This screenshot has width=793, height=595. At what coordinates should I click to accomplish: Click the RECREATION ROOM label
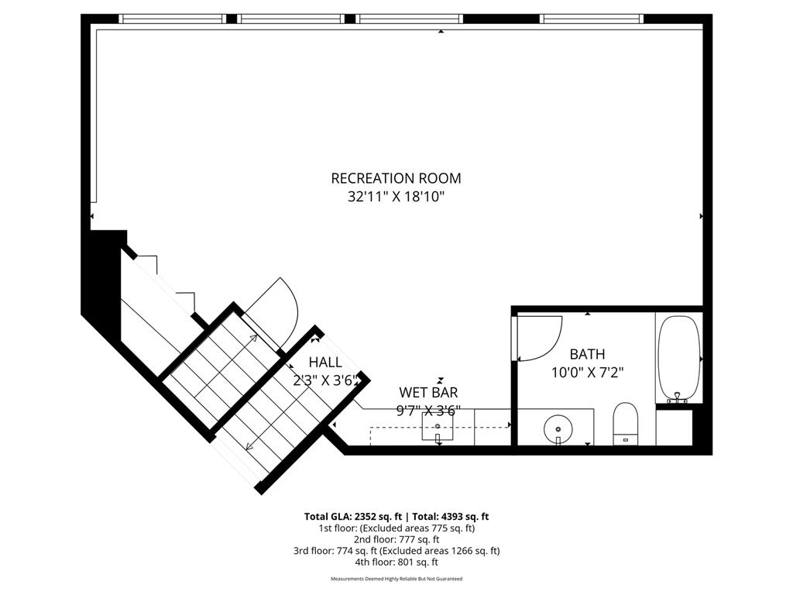[396, 178]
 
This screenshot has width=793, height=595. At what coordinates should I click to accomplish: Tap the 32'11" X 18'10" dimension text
[396, 196]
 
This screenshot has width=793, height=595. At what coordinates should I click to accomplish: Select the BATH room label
[587, 354]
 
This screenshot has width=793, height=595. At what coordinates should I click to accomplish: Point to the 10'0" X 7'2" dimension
[587, 373]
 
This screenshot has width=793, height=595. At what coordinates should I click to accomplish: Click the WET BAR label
[428, 392]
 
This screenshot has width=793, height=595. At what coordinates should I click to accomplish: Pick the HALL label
[325, 363]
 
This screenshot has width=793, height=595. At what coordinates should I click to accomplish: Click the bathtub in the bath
[679, 359]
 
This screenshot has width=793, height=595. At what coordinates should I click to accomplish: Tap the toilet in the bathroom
[626, 424]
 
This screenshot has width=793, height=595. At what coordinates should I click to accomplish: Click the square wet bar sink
[438, 427]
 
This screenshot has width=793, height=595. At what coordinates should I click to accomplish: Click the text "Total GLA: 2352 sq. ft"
[353, 517]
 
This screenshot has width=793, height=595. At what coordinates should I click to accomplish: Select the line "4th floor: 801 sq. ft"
[396, 562]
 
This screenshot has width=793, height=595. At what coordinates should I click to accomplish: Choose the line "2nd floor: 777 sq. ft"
[396, 539]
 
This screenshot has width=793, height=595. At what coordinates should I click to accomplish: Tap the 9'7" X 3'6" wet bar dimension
[428, 411]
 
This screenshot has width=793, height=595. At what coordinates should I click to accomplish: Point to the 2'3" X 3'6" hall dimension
[326, 380]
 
